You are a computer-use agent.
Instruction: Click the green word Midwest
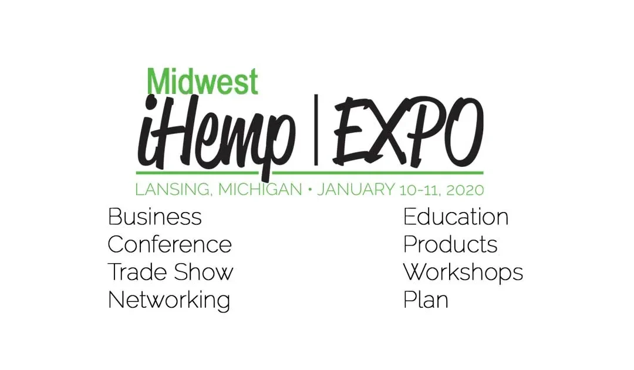pos(203,82)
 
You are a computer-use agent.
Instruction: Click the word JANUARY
pos(357,190)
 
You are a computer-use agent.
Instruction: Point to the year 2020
pos(465,190)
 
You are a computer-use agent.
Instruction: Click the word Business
pos(155,217)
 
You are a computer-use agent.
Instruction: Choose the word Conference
pos(170,244)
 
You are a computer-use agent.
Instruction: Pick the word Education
pos(456,217)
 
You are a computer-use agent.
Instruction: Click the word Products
pos(450,244)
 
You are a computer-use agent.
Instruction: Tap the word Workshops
pos(463,273)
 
